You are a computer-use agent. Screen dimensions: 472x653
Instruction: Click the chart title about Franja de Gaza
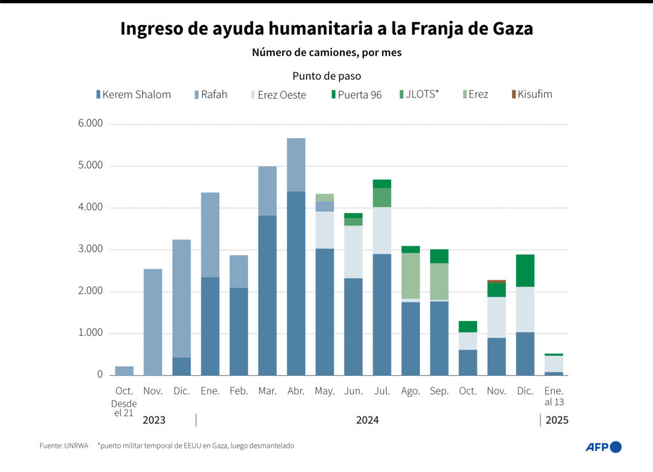326,29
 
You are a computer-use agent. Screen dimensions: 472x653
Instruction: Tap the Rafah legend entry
210,94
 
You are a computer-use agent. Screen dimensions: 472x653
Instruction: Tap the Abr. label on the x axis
296,391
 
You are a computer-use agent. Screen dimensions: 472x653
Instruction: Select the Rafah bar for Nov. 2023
153,322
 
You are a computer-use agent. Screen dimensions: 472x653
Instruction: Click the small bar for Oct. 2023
124,371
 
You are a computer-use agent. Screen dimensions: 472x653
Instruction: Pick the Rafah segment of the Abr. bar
296,164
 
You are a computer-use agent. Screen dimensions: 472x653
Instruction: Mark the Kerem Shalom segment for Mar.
267,295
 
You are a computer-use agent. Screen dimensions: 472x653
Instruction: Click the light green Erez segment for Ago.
410,275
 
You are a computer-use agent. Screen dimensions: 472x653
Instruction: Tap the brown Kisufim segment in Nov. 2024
496,281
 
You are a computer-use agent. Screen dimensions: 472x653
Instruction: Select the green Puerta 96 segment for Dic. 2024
525,270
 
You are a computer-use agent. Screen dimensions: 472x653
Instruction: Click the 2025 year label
557,420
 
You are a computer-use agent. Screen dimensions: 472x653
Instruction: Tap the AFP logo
603,447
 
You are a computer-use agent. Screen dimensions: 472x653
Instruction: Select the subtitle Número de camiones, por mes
326,53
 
